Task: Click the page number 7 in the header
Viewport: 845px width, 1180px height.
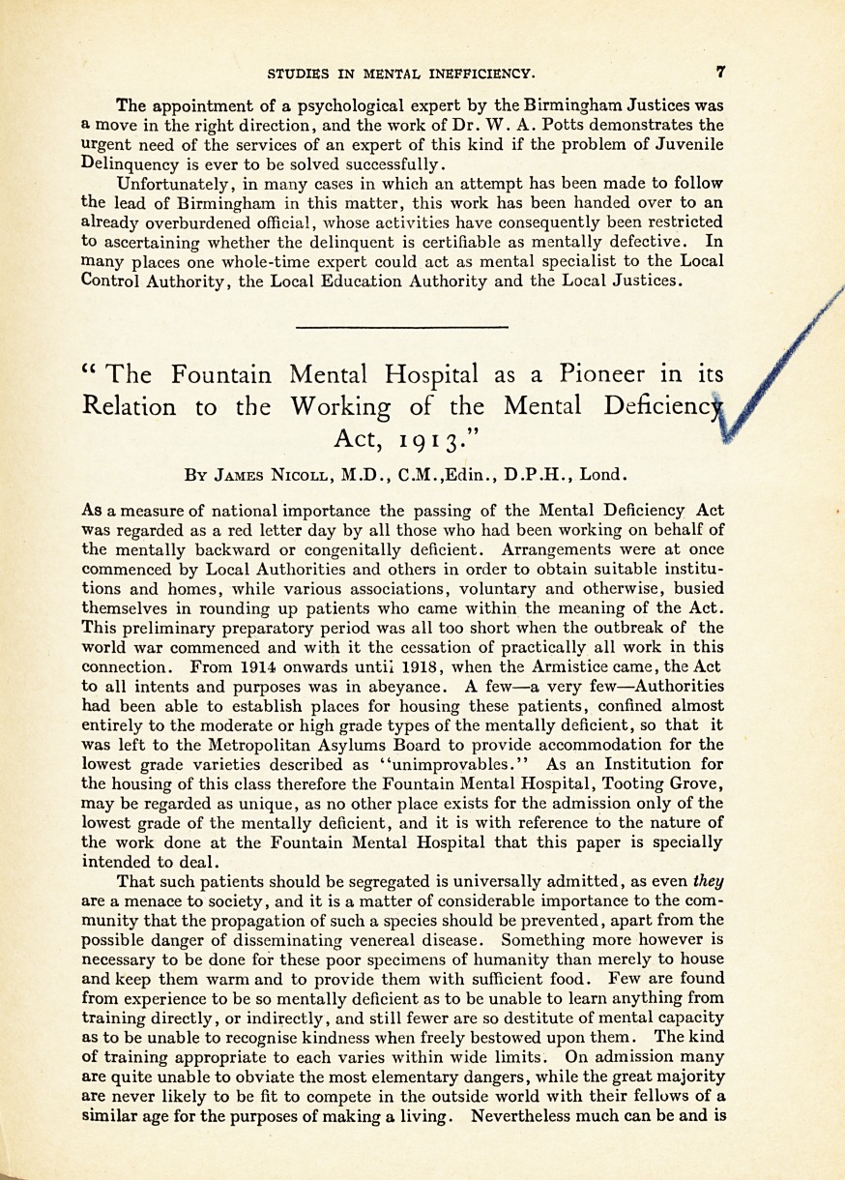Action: [x=721, y=72]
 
